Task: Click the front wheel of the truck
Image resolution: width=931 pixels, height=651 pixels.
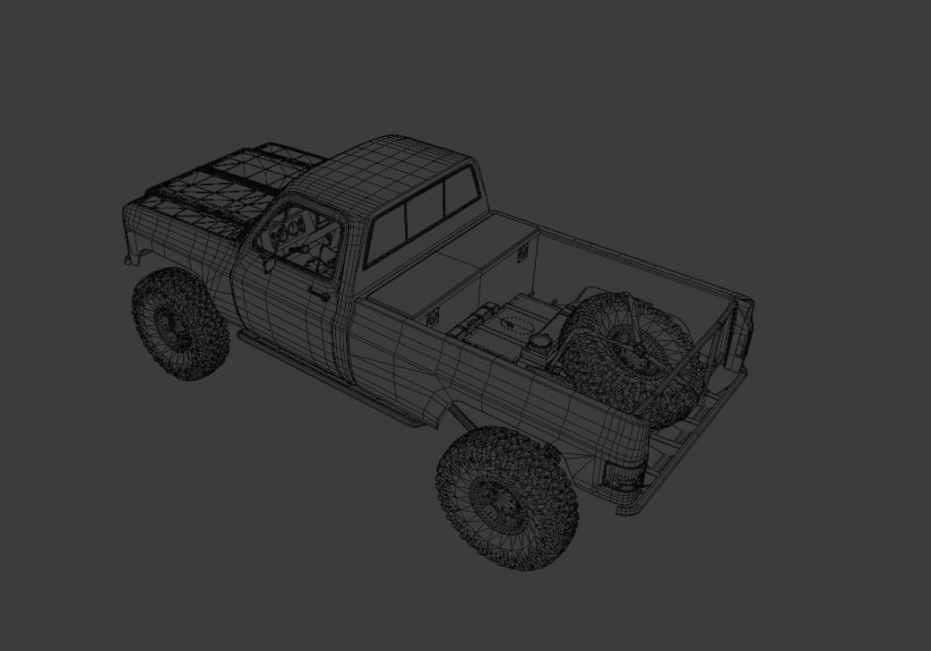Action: click(180, 324)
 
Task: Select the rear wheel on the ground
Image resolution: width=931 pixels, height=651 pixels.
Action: click(506, 497)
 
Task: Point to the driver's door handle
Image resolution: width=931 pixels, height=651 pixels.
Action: click(317, 293)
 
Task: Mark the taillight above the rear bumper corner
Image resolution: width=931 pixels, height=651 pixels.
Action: click(620, 474)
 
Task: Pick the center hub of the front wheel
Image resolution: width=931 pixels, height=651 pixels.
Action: click(169, 324)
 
